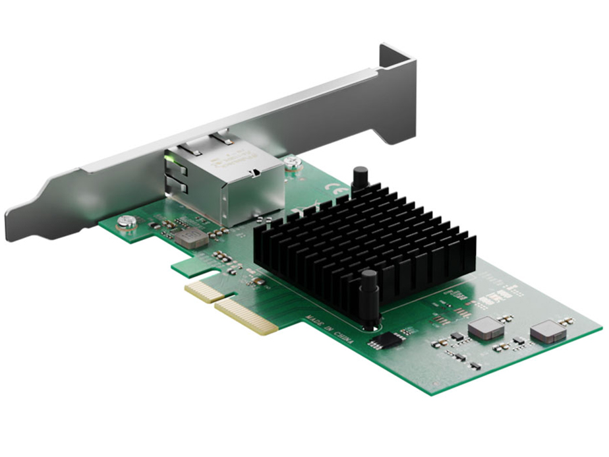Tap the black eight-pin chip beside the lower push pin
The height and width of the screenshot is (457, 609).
click(x=383, y=340)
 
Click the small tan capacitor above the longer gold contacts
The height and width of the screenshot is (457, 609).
click(x=258, y=282)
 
